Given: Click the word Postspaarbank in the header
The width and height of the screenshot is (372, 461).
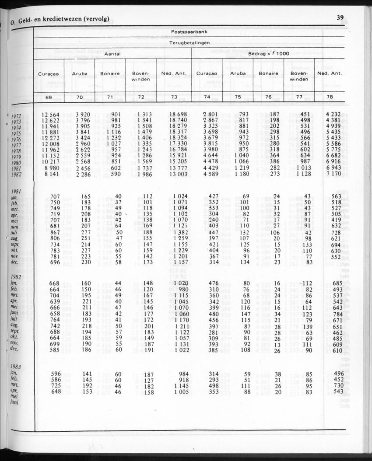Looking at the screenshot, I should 189,32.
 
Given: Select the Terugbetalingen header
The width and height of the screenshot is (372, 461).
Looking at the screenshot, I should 189,43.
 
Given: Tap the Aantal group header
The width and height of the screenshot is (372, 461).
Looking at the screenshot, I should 112,54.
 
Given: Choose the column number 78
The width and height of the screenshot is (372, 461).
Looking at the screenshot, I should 330,97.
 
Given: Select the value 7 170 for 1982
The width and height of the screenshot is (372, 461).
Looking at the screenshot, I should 331,175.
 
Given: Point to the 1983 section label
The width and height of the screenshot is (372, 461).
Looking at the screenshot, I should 17,367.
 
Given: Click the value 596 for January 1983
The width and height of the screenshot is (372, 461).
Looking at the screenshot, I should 56,374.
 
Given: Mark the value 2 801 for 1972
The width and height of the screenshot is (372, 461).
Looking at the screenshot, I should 209,115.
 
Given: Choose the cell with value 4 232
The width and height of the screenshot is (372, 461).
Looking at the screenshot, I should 331,115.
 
